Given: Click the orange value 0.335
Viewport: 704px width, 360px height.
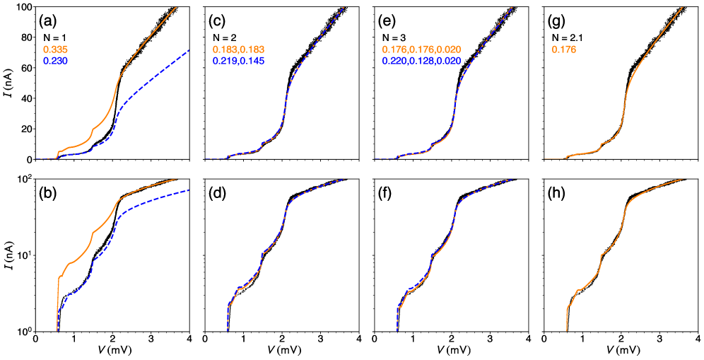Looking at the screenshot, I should coord(55,50).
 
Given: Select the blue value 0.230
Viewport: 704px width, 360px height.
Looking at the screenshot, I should coord(55,62).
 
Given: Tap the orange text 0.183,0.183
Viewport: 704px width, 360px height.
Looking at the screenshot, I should coord(238,50).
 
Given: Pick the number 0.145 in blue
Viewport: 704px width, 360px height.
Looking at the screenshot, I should coord(253,62).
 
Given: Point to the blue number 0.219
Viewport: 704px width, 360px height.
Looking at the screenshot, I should coord(224,62).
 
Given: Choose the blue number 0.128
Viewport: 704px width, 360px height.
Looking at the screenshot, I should coord(422,62).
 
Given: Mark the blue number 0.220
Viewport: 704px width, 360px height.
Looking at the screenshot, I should coord(394,62).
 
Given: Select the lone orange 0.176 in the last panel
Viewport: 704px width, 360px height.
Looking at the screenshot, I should coord(564,50).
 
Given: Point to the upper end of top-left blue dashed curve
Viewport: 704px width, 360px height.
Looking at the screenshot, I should coord(188,50).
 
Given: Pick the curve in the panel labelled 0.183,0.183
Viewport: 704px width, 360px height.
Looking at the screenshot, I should coord(286,99).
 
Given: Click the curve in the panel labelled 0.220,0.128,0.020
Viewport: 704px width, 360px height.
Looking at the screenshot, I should coord(456,99).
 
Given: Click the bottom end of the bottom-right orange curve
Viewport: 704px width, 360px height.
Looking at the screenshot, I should coord(566,330).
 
